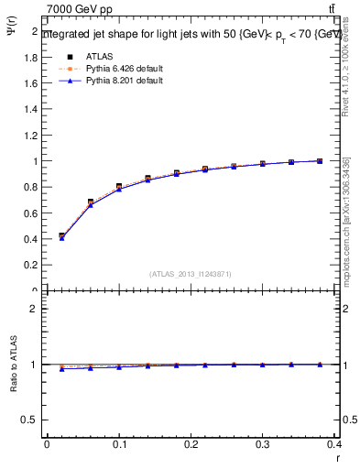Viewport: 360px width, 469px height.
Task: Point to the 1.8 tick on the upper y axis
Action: point(32,56)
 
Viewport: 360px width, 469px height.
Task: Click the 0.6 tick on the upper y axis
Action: point(32,213)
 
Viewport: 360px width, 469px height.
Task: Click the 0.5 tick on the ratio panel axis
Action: point(31,420)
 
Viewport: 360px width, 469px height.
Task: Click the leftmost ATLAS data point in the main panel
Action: point(61,235)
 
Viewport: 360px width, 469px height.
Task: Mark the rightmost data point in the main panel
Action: point(320,161)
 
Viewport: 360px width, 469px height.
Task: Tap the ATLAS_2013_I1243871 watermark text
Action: point(190,274)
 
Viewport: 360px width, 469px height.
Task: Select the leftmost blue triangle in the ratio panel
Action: point(61,368)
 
